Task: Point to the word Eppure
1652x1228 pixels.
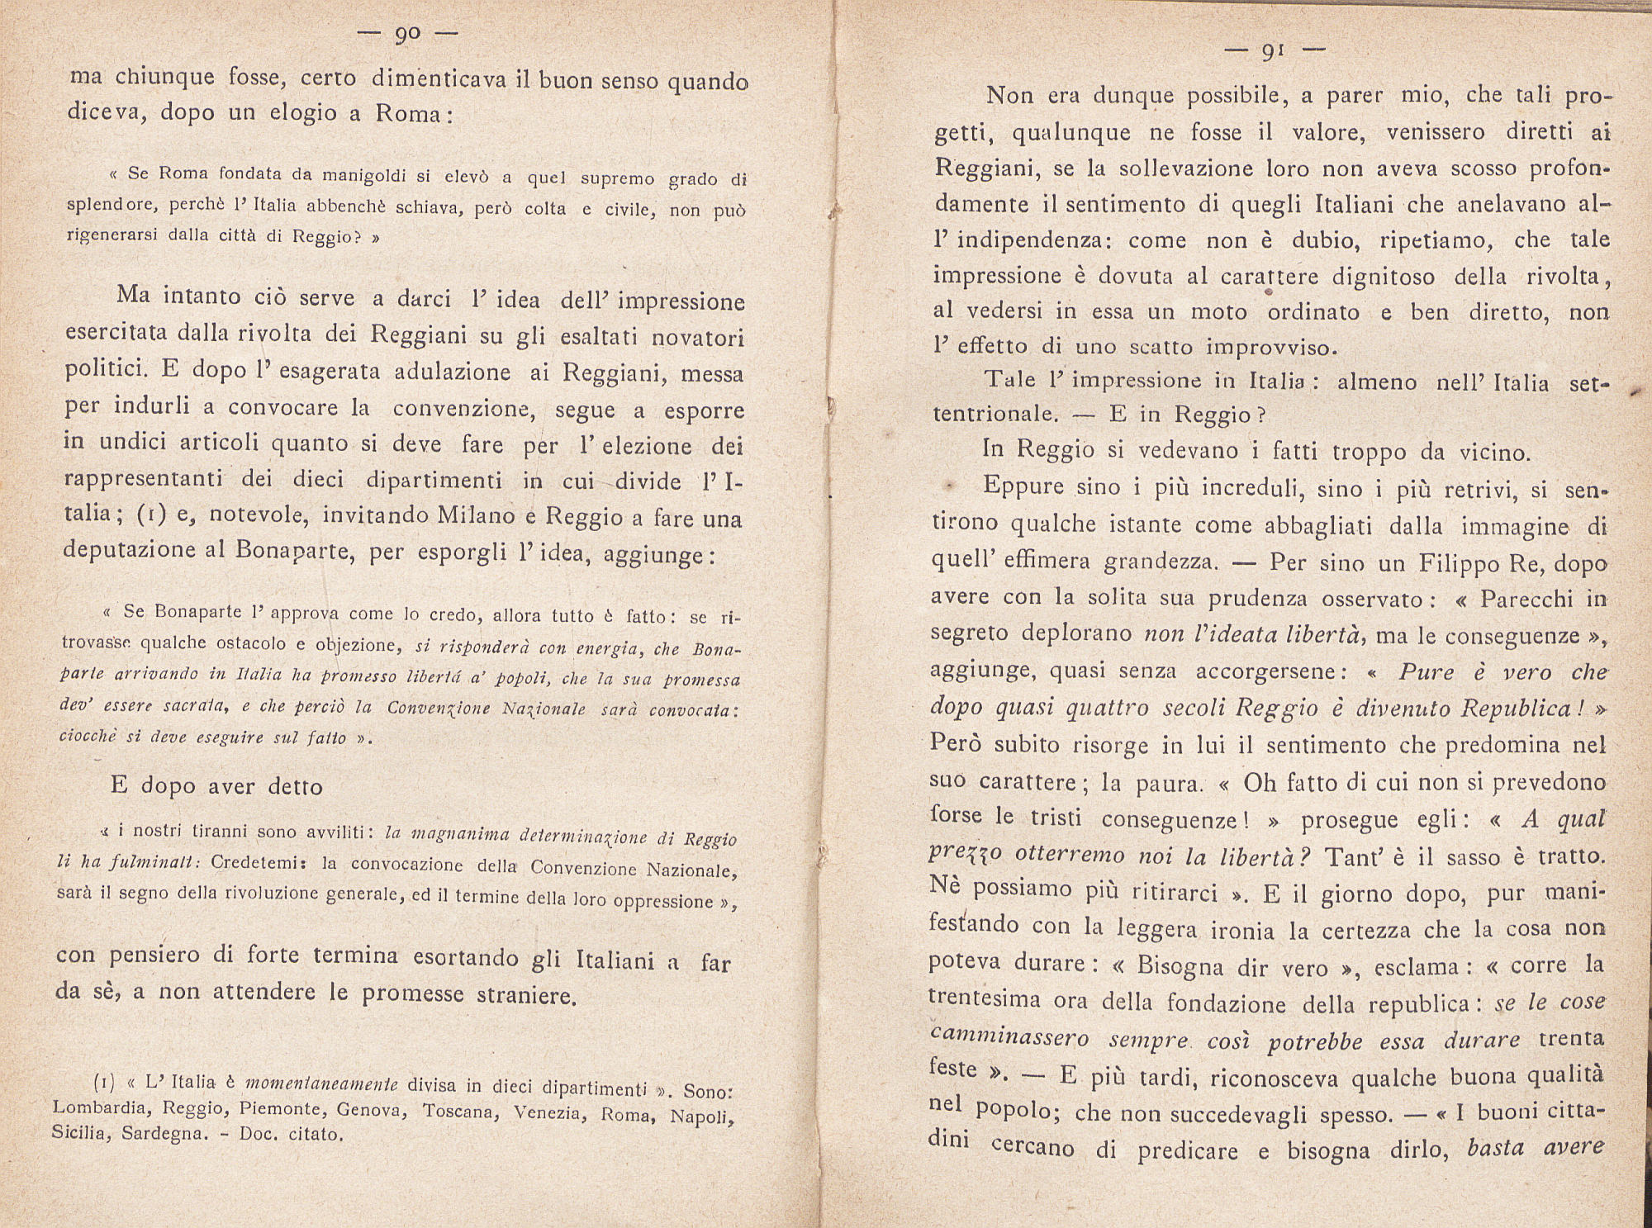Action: click(x=1023, y=486)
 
